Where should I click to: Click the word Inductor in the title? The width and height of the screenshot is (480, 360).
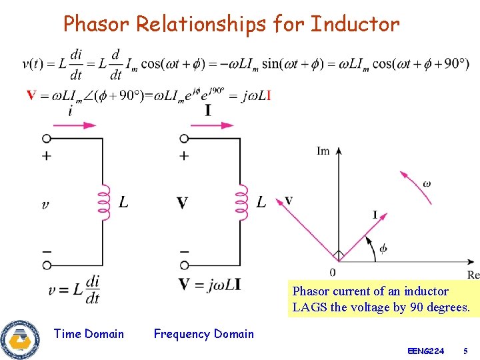(x=355, y=25)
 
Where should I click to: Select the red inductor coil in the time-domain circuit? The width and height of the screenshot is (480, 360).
(x=103, y=201)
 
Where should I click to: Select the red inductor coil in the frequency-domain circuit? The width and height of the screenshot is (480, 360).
(x=241, y=201)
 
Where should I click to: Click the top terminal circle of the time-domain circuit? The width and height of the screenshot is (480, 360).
(x=47, y=139)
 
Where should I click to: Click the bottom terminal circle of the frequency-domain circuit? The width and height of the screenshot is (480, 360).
(x=185, y=265)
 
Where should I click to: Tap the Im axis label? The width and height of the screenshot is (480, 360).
(x=323, y=151)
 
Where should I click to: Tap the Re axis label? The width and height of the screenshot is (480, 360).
(x=473, y=275)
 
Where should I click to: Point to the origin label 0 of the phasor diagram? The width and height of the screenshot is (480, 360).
(x=333, y=272)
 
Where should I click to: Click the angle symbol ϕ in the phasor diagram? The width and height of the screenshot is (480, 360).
(x=383, y=249)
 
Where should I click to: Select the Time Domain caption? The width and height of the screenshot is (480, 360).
(x=89, y=334)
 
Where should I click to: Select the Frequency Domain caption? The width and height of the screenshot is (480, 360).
(x=203, y=334)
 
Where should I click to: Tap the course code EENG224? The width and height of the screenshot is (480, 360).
(x=425, y=351)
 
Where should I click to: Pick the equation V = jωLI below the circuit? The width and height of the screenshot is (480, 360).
(x=209, y=285)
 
